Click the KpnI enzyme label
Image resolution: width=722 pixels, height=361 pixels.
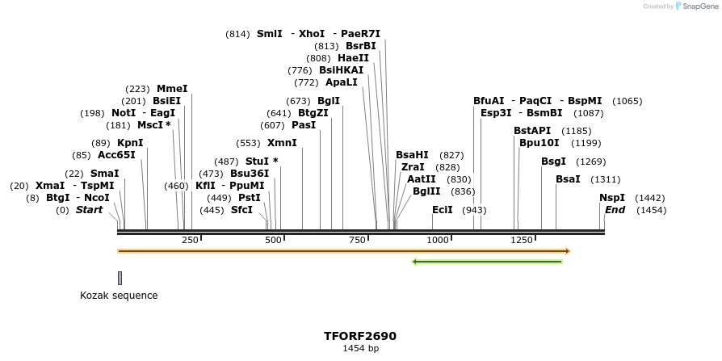tap(130, 143)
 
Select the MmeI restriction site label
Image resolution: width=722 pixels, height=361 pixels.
tap(172, 89)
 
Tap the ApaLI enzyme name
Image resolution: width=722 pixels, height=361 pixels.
tap(342, 82)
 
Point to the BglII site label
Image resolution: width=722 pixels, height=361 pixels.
tap(426, 191)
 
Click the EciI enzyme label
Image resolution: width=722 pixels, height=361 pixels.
tap(442, 210)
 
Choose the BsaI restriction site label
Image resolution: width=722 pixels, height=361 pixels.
tap(567, 179)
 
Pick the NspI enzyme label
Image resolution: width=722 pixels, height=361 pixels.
tap(611, 198)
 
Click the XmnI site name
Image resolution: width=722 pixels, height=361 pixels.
tap(282, 143)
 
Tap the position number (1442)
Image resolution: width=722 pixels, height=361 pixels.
tap(650, 198)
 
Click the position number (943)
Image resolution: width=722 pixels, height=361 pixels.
tap(474, 210)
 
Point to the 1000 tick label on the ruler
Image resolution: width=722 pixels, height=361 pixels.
tap(437, 240)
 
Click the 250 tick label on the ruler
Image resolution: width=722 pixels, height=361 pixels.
tap(190, 240)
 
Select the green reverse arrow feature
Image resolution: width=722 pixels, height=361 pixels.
tap(487, 262)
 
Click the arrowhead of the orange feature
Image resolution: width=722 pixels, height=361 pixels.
tap(568, 251)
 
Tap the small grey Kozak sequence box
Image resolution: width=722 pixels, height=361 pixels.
tap(120, 278)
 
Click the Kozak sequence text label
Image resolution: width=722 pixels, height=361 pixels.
tap(119, 296)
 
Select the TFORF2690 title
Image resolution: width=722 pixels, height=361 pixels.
tap(360, 336)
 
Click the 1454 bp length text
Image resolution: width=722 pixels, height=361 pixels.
tap(360, 349)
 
